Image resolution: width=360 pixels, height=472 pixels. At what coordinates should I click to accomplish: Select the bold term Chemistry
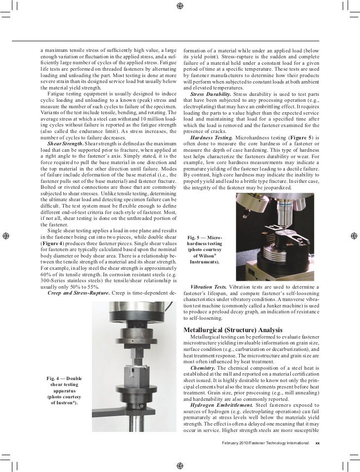coord(202,368)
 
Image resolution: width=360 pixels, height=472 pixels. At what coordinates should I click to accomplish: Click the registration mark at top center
coord(180,6)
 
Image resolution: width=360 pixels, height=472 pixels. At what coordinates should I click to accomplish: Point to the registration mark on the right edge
coord(354,235)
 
